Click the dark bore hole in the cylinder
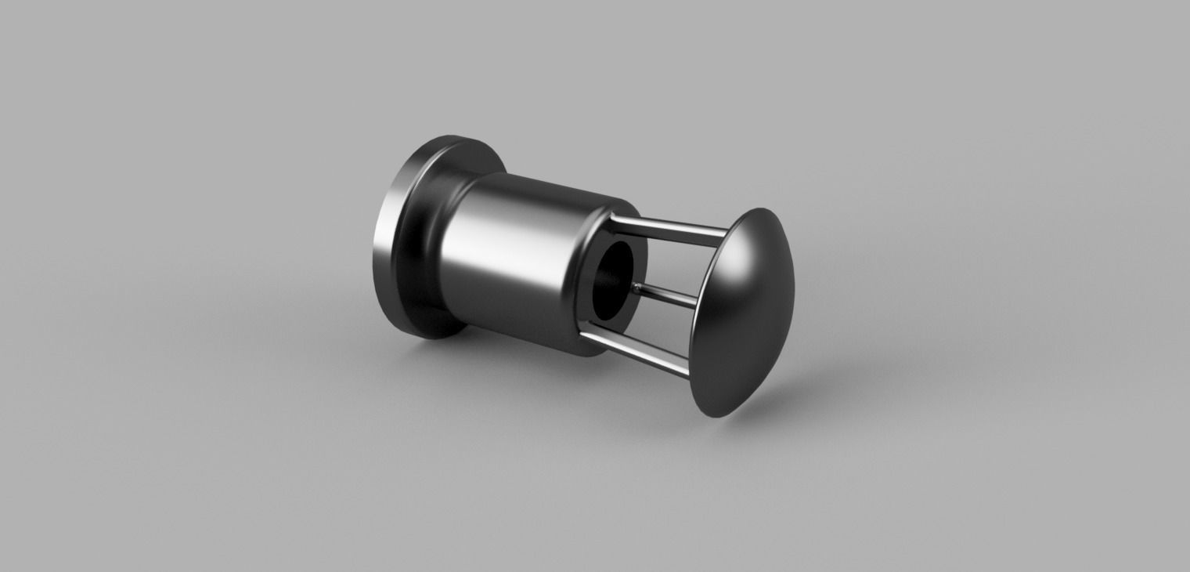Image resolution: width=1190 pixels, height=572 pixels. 614,282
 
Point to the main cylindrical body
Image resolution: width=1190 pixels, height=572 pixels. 517,259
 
